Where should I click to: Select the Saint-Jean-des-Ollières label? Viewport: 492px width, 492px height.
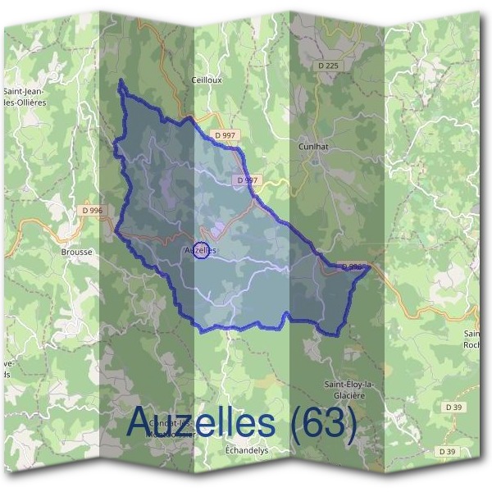pos(25,98)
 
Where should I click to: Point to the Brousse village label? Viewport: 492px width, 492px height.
pos(76,253)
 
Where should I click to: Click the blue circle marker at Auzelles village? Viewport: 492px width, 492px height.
pos(199,250)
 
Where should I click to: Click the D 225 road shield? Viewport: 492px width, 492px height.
pos(327,65)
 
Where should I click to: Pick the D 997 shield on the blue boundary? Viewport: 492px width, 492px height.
pos(247,180)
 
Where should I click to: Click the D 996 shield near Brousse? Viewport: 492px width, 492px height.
pos(93,211)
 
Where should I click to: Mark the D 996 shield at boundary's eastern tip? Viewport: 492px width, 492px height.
pos(350,266)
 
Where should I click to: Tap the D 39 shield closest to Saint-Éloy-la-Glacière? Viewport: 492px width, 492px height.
pos(453,407)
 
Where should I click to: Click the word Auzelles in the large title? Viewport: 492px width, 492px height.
pos(202,422)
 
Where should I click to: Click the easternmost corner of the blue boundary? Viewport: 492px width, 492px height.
pos(371,266)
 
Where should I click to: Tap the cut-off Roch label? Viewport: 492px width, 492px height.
pos(473,339)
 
